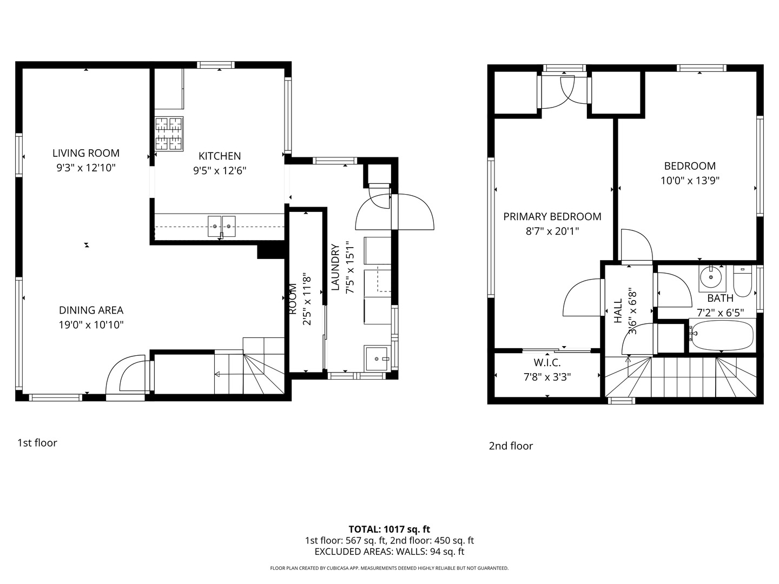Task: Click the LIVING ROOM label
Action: pos(86,153)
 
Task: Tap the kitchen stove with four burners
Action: pos(169,134)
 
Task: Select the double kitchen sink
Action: pos(221,226)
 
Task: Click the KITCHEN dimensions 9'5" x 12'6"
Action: pos(220,171)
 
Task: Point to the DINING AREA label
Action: pos(91,310)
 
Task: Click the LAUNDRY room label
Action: pos(335,267)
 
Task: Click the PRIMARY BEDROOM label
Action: pos(552,217)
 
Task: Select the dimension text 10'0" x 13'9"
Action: pos(690,181)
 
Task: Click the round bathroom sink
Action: pos(711,277)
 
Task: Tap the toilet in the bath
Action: pos(742,282)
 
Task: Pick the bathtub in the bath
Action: pos(722,335)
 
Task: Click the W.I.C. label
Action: pos(547,363)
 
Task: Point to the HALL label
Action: pos(618,310)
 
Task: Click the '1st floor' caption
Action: pos(37,443)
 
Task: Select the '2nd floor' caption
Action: pos(511,446)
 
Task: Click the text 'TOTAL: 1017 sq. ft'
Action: pos(389,529)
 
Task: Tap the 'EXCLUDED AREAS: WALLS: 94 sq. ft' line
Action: pos(389,552)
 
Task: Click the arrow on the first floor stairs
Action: pos(239,374)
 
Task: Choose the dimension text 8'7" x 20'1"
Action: pos(552,231)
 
